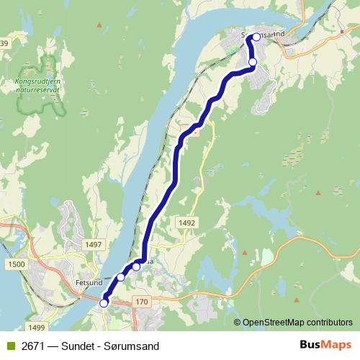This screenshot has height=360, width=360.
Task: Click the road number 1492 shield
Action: point(187,223)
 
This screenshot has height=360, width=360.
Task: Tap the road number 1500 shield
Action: point(17,266)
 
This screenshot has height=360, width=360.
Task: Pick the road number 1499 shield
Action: point(27,327)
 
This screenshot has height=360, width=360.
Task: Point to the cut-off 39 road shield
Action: point(4,45)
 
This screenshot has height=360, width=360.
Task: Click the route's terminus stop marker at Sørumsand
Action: point(256,37)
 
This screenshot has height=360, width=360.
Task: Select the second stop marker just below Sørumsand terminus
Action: point(252,63)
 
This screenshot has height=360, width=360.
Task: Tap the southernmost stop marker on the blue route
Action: point(104,303)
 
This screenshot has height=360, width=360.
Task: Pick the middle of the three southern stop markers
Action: point(121,277)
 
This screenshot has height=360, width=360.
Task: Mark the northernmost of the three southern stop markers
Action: point(136,267)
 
